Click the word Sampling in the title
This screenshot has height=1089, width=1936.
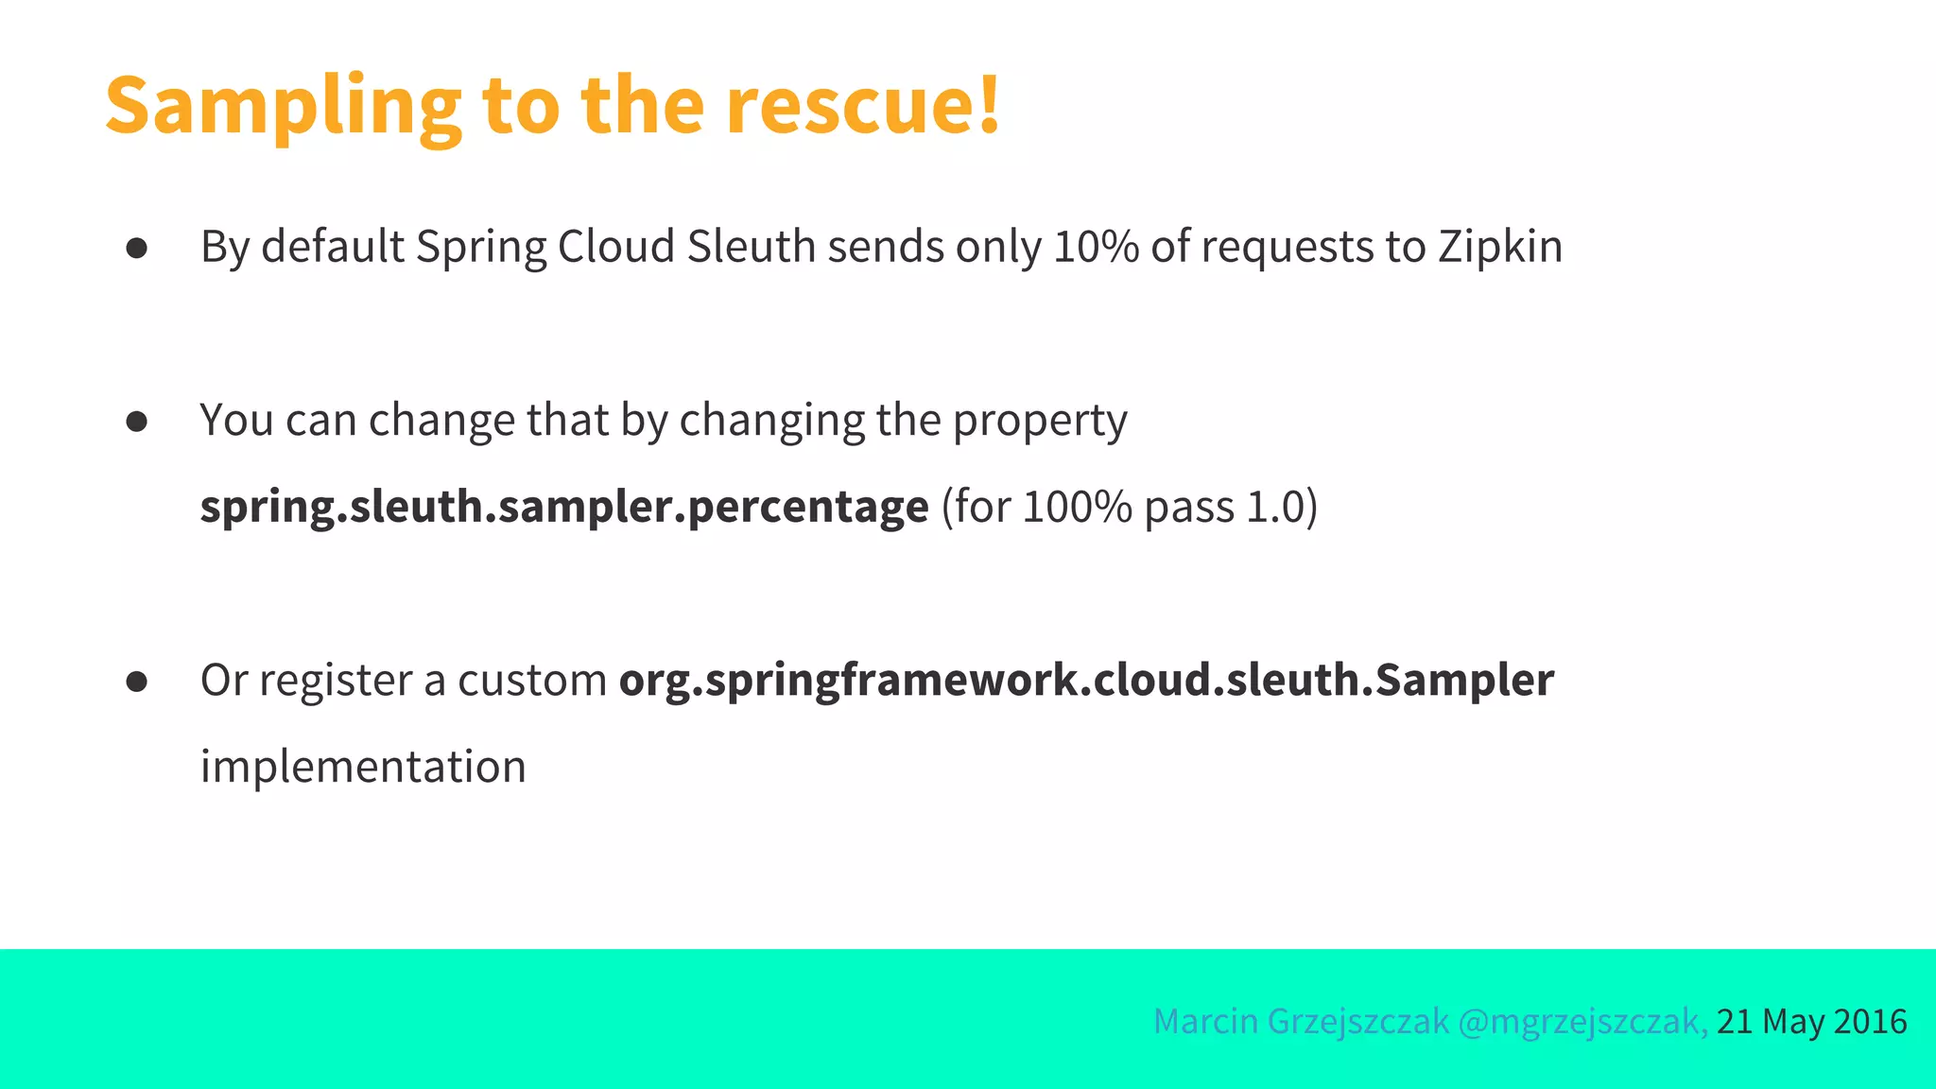[283, 106]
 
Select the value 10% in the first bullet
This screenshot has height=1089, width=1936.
[1096, 247]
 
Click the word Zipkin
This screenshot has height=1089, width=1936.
[1500, 247]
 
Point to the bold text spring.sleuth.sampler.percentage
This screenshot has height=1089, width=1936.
[564, 508]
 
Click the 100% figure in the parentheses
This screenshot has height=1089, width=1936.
[1077, 507]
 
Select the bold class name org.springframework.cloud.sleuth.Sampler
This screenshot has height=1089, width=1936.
[1086, 681]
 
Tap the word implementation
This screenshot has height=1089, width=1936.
[363, 767]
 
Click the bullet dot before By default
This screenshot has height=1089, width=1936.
[137, 248]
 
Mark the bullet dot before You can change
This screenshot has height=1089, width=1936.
[137, 422]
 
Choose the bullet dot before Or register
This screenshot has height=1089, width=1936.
[137, 682]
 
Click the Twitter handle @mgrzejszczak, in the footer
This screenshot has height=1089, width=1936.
[1582, 1022]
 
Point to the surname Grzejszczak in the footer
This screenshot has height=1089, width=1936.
[1357, 1022]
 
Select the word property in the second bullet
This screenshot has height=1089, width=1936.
[1040, 421]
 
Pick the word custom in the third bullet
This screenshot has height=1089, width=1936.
[532, 681]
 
